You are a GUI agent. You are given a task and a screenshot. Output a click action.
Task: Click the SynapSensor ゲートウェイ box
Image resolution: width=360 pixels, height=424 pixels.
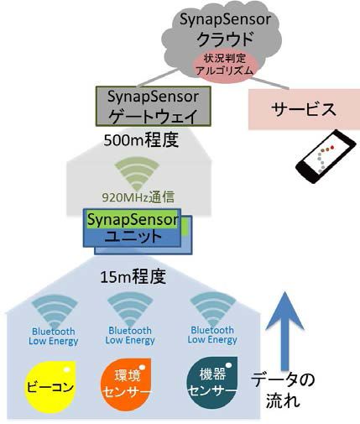click(154, 107)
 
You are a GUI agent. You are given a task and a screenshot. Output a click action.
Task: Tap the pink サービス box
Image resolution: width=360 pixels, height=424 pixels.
click(304, 109)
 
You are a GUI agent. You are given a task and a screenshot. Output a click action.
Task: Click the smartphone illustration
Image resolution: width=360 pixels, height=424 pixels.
click(326, 156)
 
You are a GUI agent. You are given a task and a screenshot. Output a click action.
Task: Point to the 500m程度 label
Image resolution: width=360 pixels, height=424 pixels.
click(141, 140)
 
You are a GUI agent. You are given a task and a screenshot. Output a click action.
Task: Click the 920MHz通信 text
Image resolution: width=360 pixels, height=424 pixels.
click(138, 197)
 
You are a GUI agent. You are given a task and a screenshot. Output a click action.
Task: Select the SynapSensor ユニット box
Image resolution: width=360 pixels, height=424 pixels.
click(138, 232)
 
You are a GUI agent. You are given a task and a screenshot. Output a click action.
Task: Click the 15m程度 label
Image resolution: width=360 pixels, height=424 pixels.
click(133, 276)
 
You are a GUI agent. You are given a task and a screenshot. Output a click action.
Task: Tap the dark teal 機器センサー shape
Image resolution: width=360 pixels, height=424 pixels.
click(212, 382)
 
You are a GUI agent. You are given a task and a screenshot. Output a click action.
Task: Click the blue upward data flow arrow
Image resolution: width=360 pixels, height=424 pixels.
click(284, 331)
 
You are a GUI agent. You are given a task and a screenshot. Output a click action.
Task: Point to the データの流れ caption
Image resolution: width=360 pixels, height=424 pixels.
click(283, 390)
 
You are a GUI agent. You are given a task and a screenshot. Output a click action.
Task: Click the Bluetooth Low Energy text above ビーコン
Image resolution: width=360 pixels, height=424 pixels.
click(53, 337)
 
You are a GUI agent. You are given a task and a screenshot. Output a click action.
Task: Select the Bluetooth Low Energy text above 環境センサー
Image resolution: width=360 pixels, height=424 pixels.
click(130, 335)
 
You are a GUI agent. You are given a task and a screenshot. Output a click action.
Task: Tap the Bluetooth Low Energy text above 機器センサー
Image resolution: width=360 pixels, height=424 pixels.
click(212, 335)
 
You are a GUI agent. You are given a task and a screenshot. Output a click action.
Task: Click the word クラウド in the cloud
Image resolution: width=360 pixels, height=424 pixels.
click(226, 39)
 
